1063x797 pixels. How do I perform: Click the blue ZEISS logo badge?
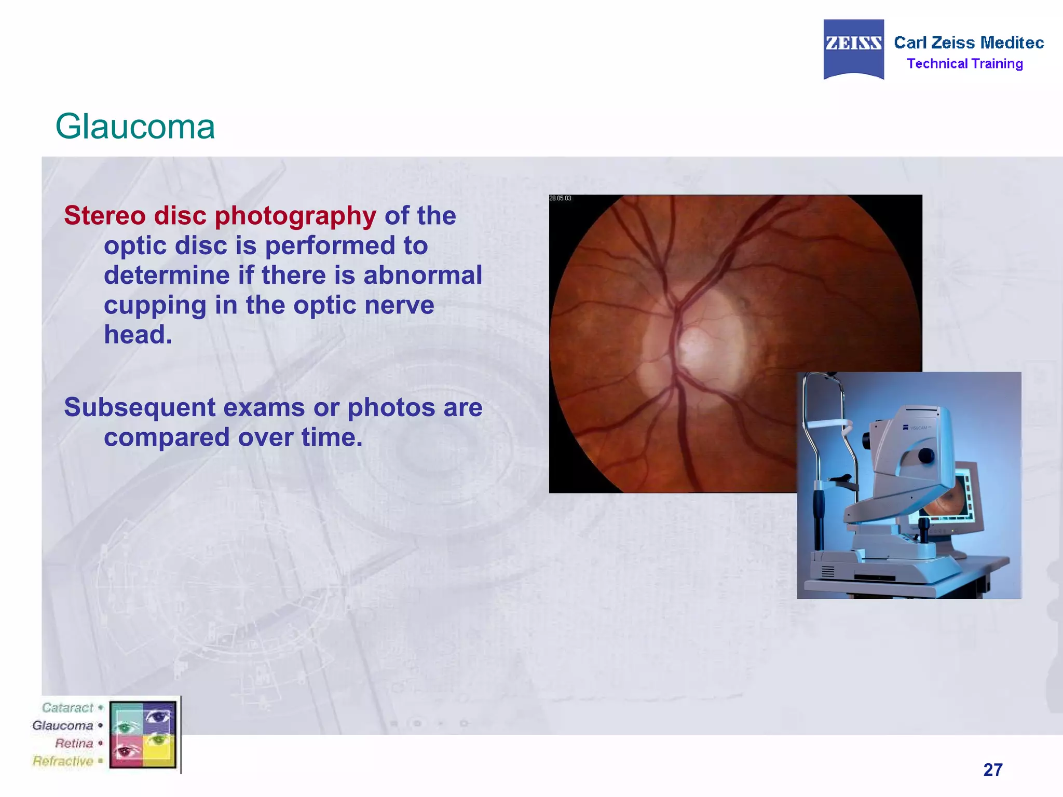click(x=853, y=49)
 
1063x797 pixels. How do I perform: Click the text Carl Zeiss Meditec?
click(x=969, y=43)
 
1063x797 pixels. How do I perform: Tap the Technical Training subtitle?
click(x=964, y=64)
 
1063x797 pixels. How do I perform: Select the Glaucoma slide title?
click(x=135, y=127)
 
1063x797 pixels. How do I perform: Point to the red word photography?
click(x=295, y=216)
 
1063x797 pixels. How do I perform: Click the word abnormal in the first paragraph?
click(x=423, y=275)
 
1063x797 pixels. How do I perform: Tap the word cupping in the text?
click(x=155, y=306)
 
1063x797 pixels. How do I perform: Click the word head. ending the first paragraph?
click(x=138, y=335)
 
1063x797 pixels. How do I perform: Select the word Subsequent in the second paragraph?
click(x=139, y=407)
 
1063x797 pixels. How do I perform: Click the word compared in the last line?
click(x=167, y=437)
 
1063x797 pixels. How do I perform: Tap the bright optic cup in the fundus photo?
click(x=696, y=345)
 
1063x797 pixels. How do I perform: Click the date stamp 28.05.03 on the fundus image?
click(x=560, y=198)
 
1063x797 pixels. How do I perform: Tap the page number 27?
click(x=992, y=769)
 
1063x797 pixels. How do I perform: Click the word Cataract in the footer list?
click(x=67, y=708)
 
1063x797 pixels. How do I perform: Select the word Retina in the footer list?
click(x=74, y=743)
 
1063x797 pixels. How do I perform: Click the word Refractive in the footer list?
click(x=63, y=761)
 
